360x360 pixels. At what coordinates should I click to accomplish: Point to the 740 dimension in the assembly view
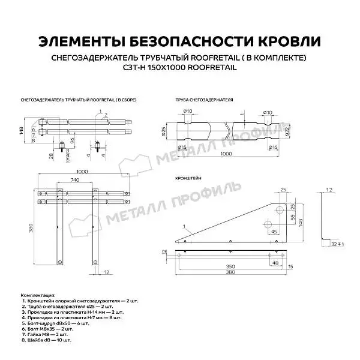point(74,181)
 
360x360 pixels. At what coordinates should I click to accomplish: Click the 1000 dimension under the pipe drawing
point(226,154)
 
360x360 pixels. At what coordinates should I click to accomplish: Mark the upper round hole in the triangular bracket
point(279,209)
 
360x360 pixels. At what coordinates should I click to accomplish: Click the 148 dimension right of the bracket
point(301,222)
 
